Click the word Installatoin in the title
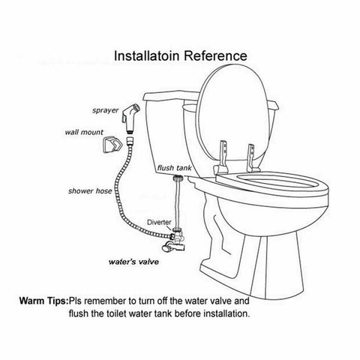pyautogui.click(x=147, y=55)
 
